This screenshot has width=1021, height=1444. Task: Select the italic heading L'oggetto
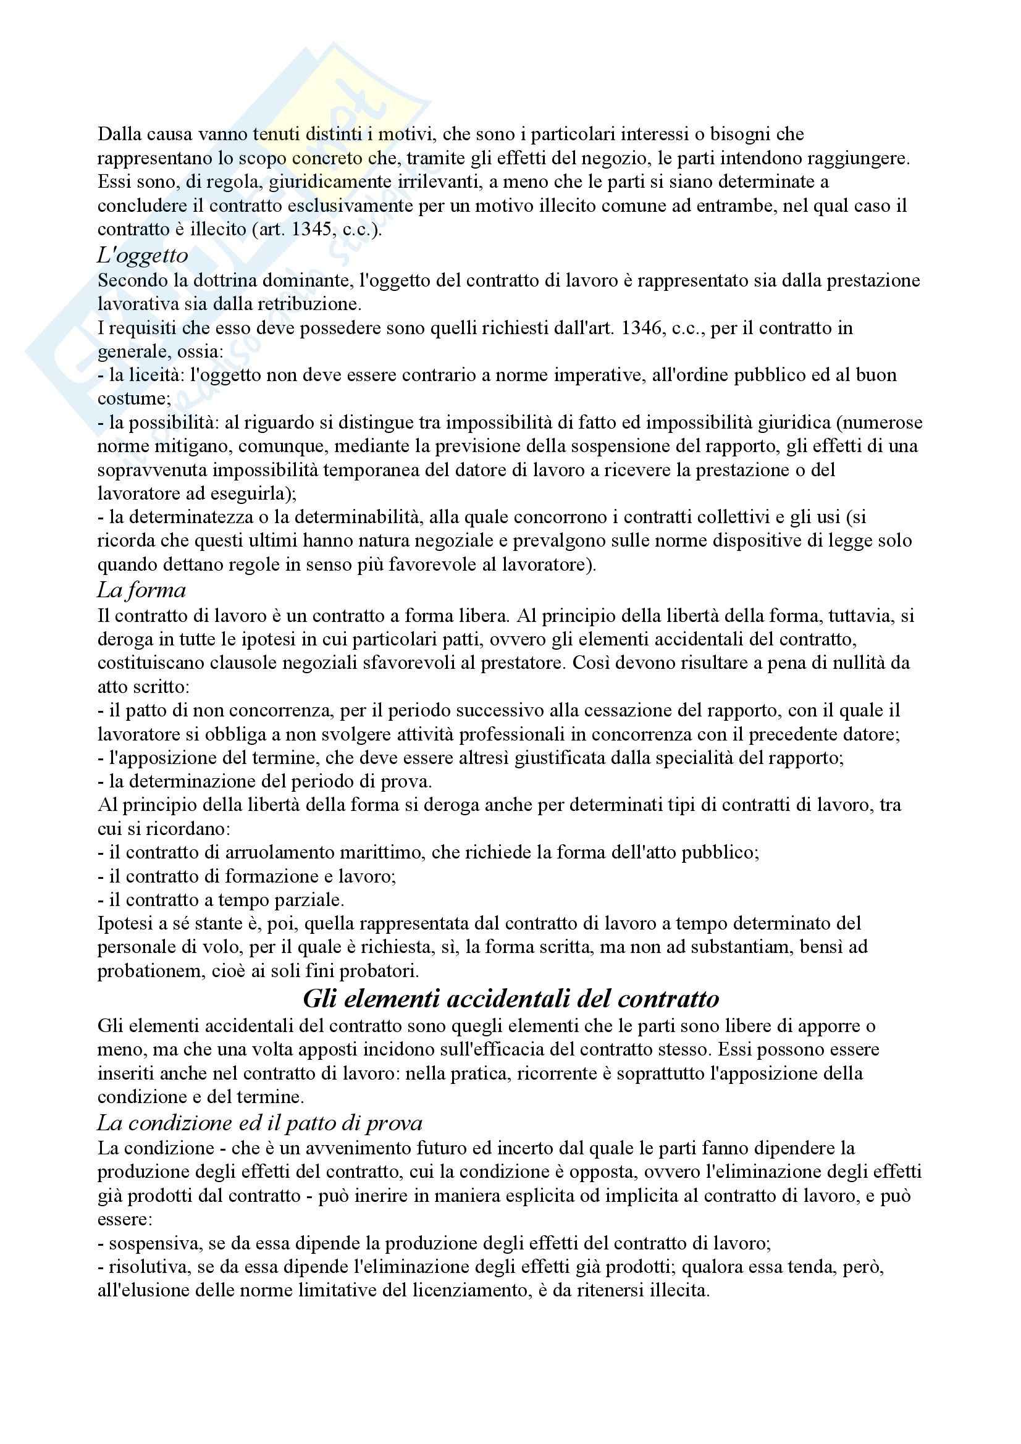pos(142,254)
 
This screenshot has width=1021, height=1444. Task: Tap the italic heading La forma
pos(141,590)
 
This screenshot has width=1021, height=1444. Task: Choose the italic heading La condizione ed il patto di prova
pos(259,1123)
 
